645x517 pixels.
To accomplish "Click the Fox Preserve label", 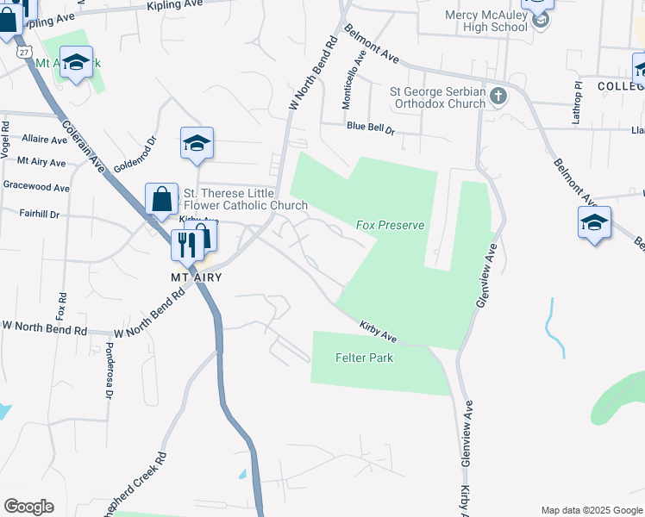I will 391,225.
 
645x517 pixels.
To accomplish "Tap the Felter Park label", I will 364,357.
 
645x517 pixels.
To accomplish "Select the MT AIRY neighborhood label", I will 195,277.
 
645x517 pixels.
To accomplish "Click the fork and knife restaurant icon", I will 186,246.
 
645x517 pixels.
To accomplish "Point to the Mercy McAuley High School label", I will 486,21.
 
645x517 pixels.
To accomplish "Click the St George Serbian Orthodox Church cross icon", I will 498,96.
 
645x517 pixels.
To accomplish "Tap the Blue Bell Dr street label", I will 370,127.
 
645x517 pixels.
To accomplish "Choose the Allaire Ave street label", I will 45,139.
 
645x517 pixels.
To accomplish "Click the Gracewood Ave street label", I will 35,186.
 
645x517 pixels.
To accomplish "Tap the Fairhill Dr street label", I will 35,213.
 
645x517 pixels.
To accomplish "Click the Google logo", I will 28,507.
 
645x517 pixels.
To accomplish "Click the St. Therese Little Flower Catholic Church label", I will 245,199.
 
